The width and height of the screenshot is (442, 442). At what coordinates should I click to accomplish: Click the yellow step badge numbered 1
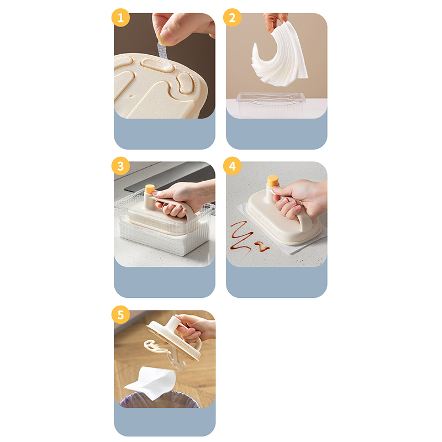[x=120, y=18]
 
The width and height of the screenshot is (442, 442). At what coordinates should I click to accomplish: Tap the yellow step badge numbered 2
[x=232, y=18]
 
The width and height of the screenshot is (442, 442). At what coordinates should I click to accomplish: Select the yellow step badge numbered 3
[x=120, y=166]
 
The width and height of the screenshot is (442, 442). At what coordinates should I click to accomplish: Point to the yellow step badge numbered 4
[x=232, y=166]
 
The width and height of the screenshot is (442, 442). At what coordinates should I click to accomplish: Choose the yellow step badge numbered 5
[x=120, y=314]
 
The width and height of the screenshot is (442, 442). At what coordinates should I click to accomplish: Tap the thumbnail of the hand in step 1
[x=183, y=28]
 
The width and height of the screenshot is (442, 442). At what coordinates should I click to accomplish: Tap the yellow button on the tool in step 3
[x=150, y=189]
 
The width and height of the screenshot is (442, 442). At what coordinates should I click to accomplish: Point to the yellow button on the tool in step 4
[x=272, y=181]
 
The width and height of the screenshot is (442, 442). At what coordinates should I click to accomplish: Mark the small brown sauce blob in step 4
[x=262, y=247]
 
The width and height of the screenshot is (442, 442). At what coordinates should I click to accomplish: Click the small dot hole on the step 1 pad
[x=131, y=96]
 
